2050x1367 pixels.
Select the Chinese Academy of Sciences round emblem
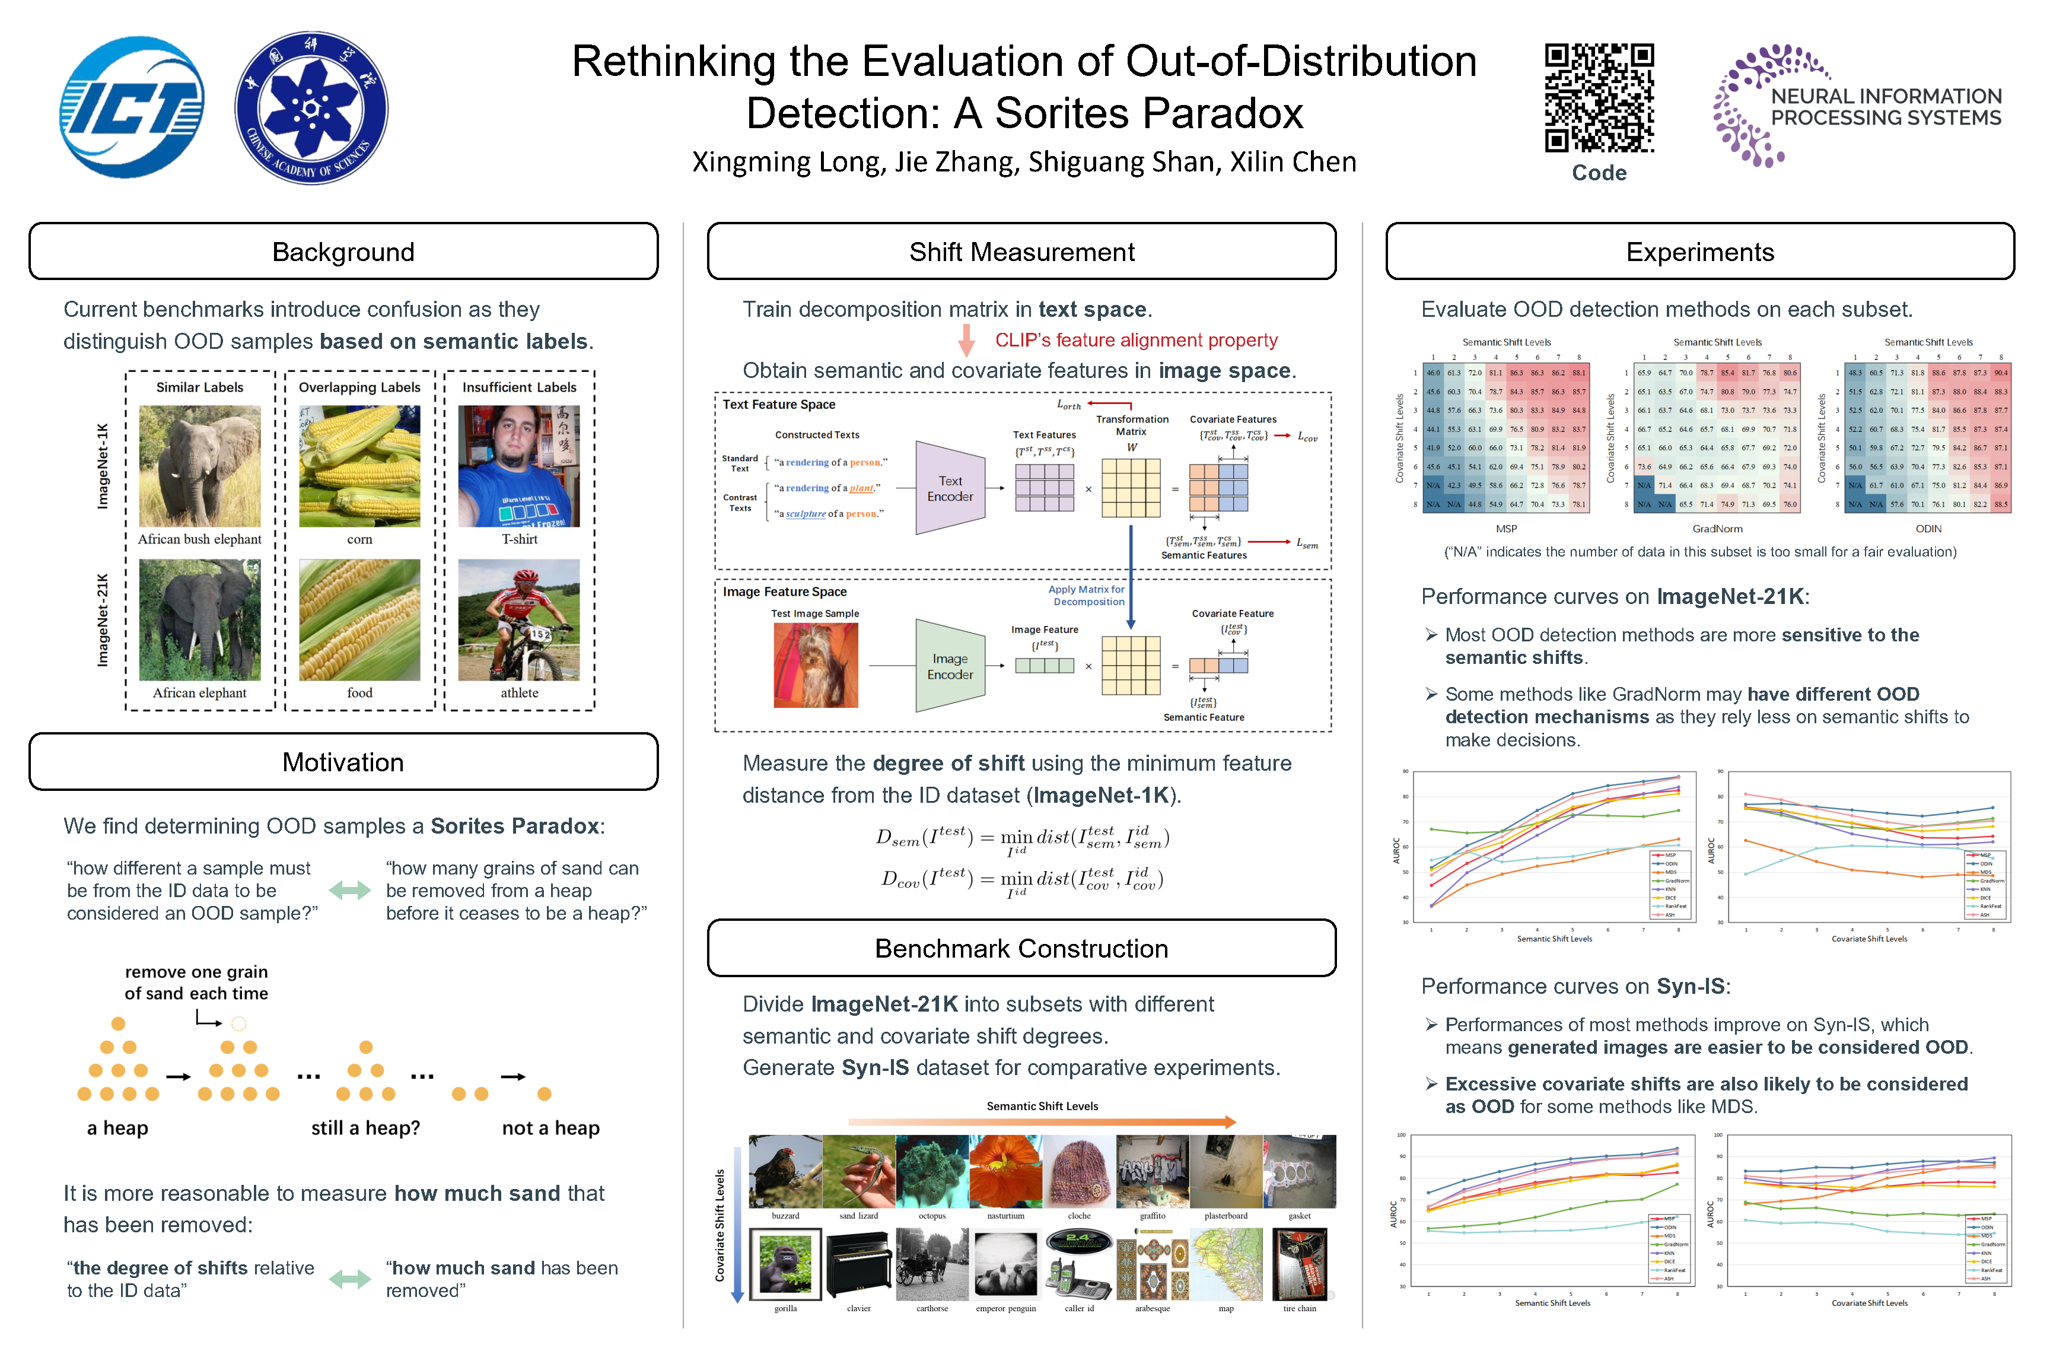coord(311,108)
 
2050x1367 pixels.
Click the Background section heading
coord(343,252)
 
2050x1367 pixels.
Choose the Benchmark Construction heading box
coord(1021,949)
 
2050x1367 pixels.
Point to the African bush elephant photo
coord(199,466)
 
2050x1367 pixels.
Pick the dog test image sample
coord(815,665)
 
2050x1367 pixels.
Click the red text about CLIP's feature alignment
coord(1136,340)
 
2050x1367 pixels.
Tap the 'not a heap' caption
coord(551,1128)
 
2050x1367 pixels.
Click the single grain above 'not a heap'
coord(545,1094)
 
